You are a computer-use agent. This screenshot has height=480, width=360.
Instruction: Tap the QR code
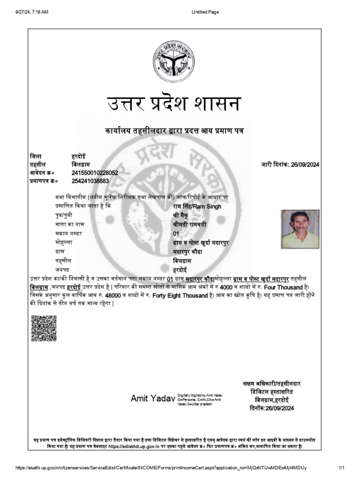(x=44, y=329)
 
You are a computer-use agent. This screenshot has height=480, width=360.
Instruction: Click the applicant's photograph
(x=300, y=229)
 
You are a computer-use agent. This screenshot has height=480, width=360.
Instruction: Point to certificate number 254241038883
(x=90, y=181)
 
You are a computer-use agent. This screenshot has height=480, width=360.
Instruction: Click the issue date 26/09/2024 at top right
(x=305, y=165)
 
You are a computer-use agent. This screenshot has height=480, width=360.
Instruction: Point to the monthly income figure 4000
(x=226, y=287)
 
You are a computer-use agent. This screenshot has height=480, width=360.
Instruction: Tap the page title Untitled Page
(x=205, y=12)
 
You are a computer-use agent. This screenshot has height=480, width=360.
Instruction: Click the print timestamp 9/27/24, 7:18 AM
(x=32, y=12)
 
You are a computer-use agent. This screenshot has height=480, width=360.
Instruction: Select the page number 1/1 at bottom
(x=341, y=468)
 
